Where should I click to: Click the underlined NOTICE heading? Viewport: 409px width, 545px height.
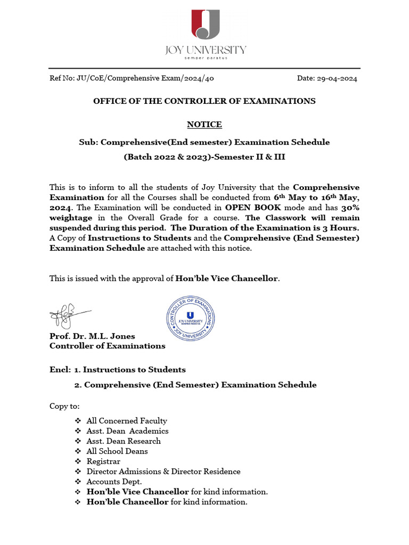pos(204,125)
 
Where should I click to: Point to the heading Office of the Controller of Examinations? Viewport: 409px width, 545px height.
pos(204,101)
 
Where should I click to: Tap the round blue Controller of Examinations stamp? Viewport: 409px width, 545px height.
pos(190,319)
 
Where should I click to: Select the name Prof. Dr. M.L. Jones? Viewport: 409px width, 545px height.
pos(92,336)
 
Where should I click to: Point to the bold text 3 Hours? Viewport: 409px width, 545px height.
pos(342,228)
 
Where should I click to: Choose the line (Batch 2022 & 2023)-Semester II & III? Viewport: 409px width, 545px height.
pos(204,157)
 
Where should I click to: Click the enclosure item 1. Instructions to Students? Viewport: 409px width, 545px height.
pos(130,369)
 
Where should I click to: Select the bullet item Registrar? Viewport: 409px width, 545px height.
pos(103,461)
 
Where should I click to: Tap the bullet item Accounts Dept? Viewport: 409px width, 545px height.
pos(114,482)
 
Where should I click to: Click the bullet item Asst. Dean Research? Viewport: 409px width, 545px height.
pos(124,441)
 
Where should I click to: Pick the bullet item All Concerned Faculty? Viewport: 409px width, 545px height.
pos(127,421)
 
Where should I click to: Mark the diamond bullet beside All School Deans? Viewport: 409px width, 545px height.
pos(78,451)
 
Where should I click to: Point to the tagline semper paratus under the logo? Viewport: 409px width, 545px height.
pos(205,58)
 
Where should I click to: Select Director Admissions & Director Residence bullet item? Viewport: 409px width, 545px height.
pos(163,472)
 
